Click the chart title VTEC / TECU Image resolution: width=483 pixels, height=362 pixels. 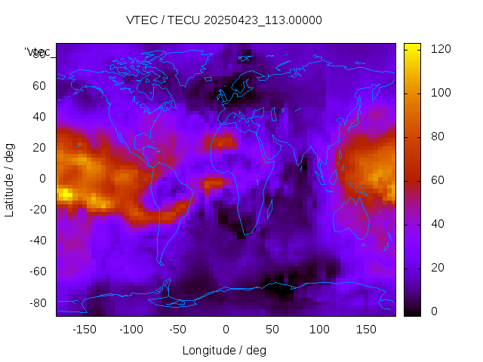pyautogui.click(x=162, y=20)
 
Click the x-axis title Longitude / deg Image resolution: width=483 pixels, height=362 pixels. pyautogui.click(x=224, y=351)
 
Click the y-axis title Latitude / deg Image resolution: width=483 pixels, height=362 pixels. pyautogui.click(x=10, y=179)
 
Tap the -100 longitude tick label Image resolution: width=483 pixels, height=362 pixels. pyautogui.click(x=131, y=330)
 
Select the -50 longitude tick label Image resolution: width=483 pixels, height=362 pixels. pyautogui.click(x=178, y=330)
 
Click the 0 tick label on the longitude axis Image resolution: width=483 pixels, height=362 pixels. pyautogui.click(x=225, y=330)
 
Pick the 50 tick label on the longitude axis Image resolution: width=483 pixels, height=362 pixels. pyautogui.click(x=272, y=330)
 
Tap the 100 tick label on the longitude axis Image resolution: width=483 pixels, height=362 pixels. pyautogui.click(x=319, y=330)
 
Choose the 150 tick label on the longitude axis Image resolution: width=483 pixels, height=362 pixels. pyautogui.click(x=367, y=330)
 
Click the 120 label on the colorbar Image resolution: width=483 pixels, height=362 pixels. pyautogui.click(x=440, y=48)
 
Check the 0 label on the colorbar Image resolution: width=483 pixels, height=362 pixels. pyautogui.click(x=434, y=311)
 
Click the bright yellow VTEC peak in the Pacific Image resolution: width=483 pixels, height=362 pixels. pyautogui.click(x=65, y=194)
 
